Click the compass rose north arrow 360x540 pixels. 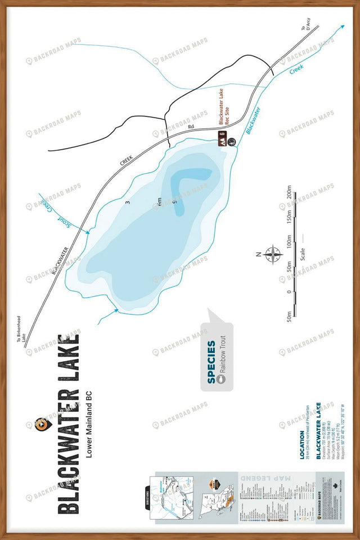[273, 254]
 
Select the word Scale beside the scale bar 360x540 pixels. [303, 254]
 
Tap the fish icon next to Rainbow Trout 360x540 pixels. [222, 379]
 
